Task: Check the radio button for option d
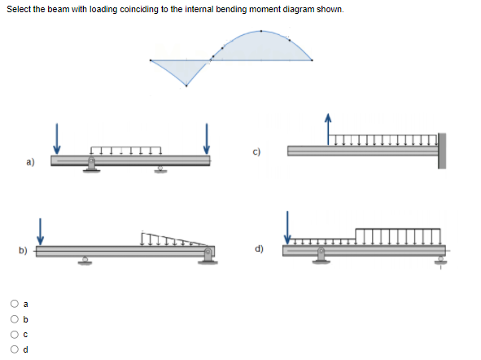pyautogui.click(x=15, y=350)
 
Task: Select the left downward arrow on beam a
pyautogui.click(x=57, y=137)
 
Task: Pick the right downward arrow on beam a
pyautogui.click(x=207, y=137)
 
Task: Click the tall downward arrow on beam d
pyautogui.click(x=286, y=226)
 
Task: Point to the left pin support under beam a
pyautogui.click(x=91, y=165)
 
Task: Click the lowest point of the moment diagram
pyautogui.click(x=186, y=87)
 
